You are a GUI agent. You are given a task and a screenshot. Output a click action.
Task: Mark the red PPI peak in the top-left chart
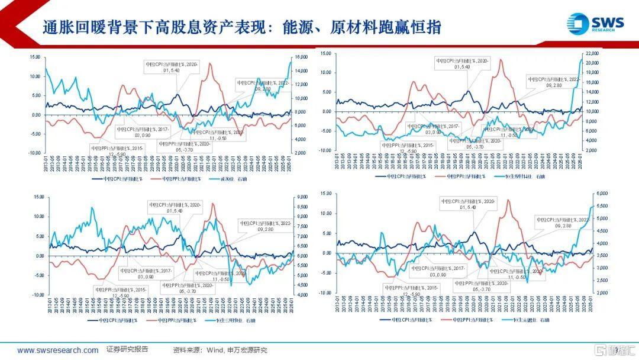(x=210, y=64)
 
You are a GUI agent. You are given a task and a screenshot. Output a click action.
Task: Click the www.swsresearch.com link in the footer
(x=57, y=350)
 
